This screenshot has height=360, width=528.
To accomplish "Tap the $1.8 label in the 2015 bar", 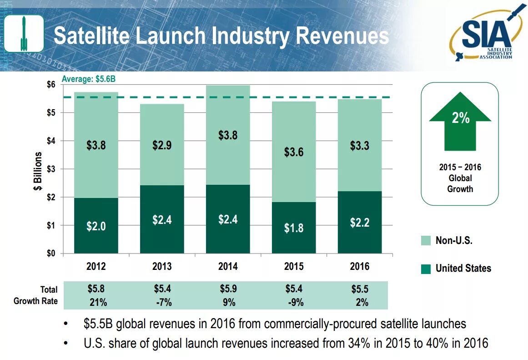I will point(294,228).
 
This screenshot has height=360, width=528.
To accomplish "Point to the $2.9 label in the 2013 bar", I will point(162,146).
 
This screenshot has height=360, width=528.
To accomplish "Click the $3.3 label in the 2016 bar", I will point(359,146).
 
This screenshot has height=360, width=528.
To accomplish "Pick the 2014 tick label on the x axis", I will point(228,267).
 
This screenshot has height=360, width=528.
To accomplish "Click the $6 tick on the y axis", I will point(51,85).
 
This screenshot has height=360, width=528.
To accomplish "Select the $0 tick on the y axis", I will point(51,254).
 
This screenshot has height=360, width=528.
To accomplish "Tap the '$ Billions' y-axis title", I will point(39,171).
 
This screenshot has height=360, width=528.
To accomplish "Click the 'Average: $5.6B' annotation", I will point(89,79).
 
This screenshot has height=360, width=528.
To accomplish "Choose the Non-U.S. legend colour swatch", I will point(426,241).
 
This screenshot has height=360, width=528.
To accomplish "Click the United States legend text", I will point(463,269).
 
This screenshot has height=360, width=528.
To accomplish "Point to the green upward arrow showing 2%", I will point(460,121).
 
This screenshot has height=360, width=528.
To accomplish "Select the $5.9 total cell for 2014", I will point(228,289).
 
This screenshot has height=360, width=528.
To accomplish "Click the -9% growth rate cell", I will point(296,303).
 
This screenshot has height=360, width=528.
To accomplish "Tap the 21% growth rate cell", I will point(98,303).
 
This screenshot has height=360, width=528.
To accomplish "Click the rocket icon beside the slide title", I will point(24,33).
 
